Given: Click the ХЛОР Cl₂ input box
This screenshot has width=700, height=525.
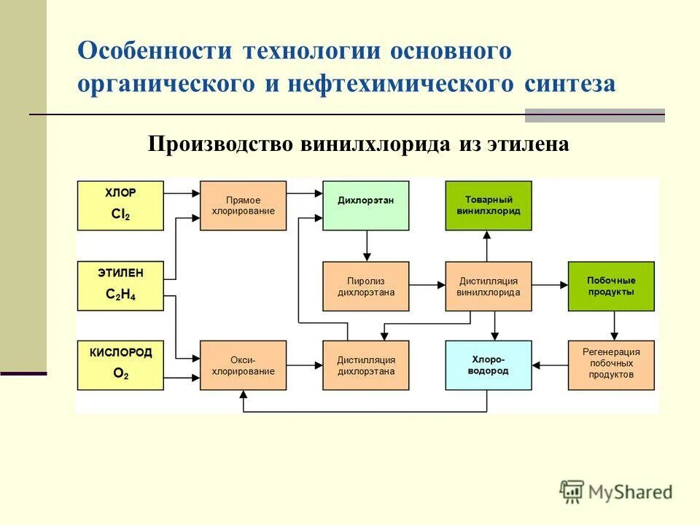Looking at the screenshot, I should click(120, 206).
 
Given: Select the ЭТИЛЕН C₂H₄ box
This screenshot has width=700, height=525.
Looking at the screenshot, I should click(120, 286).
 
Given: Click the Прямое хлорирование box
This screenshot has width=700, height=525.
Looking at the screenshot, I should click(243, 206).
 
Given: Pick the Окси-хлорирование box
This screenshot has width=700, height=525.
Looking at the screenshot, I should click(243, 365).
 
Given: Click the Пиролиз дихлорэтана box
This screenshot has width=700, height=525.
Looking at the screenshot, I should click(365, 286).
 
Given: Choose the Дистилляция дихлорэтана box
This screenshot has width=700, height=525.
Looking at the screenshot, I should click(365, 365).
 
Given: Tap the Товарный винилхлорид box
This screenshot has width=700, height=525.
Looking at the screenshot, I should click(489, 206).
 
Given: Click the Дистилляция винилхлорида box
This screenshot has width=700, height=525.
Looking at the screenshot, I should click(489, 286).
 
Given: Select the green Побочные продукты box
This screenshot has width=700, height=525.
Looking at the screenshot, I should click(611, 286).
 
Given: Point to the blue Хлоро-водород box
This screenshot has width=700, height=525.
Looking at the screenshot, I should click(489, 365).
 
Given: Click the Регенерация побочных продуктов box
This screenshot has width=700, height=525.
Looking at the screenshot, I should click(611, 365).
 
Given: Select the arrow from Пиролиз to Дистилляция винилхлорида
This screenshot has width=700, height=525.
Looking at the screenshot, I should click(427, 286).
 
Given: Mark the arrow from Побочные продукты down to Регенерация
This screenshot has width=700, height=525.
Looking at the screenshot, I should click(614, 325).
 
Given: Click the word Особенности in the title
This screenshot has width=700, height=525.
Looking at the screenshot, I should click(155, 52).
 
